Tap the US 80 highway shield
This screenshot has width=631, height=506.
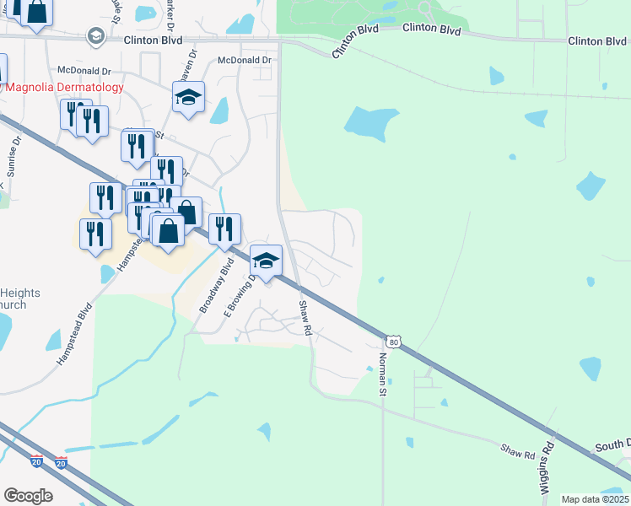[x=393, y=342]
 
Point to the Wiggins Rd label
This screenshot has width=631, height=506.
[x=547, y=468]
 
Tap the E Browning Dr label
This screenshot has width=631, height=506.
[x=238, y=295]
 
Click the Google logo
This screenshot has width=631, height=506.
[x=28, y=495]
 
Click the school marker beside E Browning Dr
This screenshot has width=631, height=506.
[x=266, y=263]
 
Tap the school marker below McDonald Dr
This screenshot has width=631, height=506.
[x=189, y=98]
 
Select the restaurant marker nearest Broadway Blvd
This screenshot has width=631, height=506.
[x=224, y=229]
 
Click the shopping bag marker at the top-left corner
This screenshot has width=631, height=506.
[x=36, y=12]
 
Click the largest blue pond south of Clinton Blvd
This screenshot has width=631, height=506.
[x=370, y=122]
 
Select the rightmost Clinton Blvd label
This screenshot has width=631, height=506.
[x=597, y=40]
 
